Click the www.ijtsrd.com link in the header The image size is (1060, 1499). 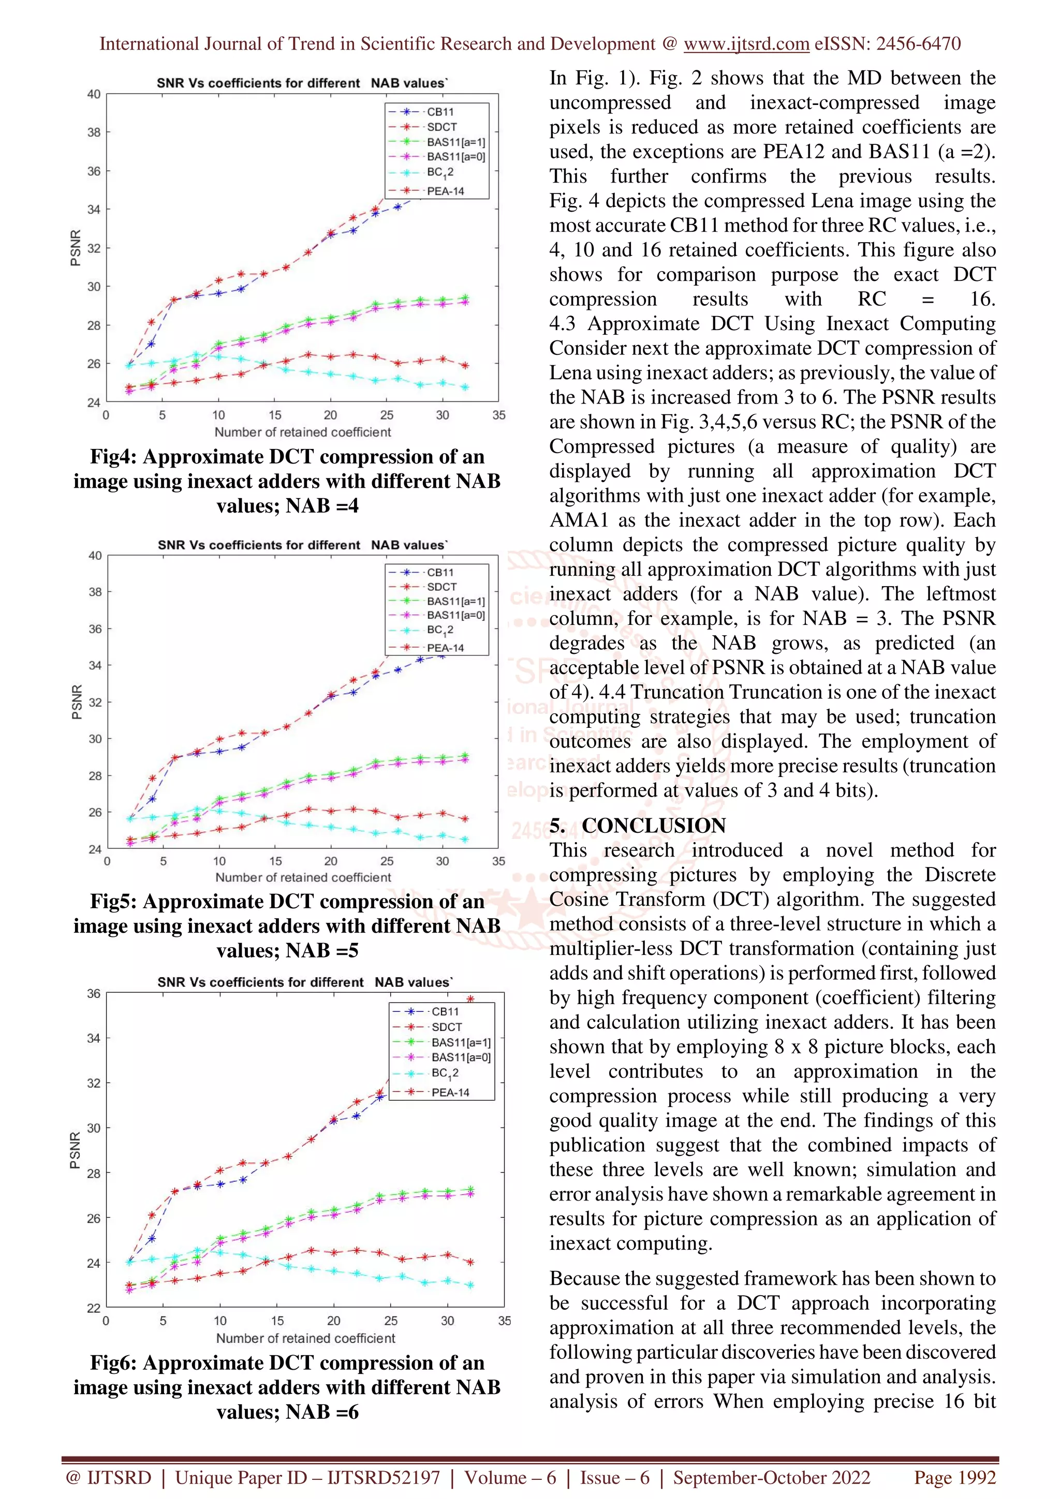click(x=746, y=44)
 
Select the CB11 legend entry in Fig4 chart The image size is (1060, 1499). click(x=439, y=112)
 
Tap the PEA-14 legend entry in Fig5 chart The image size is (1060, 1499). click(x=445, y=648)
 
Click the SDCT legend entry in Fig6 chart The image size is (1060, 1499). click(x=446, y=1027)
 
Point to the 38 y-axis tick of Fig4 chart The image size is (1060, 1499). click(x=94, y=132)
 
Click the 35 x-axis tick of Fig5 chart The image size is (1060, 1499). click(x=498, y=861)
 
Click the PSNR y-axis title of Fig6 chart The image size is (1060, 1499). click(x=75, y=1150)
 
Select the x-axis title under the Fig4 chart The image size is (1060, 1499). click(x=302, y=432)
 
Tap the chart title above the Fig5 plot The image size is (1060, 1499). click(x=302, y=545)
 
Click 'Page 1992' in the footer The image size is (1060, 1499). click(x=954, y=1478)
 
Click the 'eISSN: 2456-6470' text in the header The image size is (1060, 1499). click(x=887, y=44)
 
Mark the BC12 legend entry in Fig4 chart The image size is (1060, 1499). click(x=439, y=172)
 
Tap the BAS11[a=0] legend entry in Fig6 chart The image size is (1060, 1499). click(x=461, y=1058)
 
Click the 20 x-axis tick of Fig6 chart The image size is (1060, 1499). click(x=333, y=1321)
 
